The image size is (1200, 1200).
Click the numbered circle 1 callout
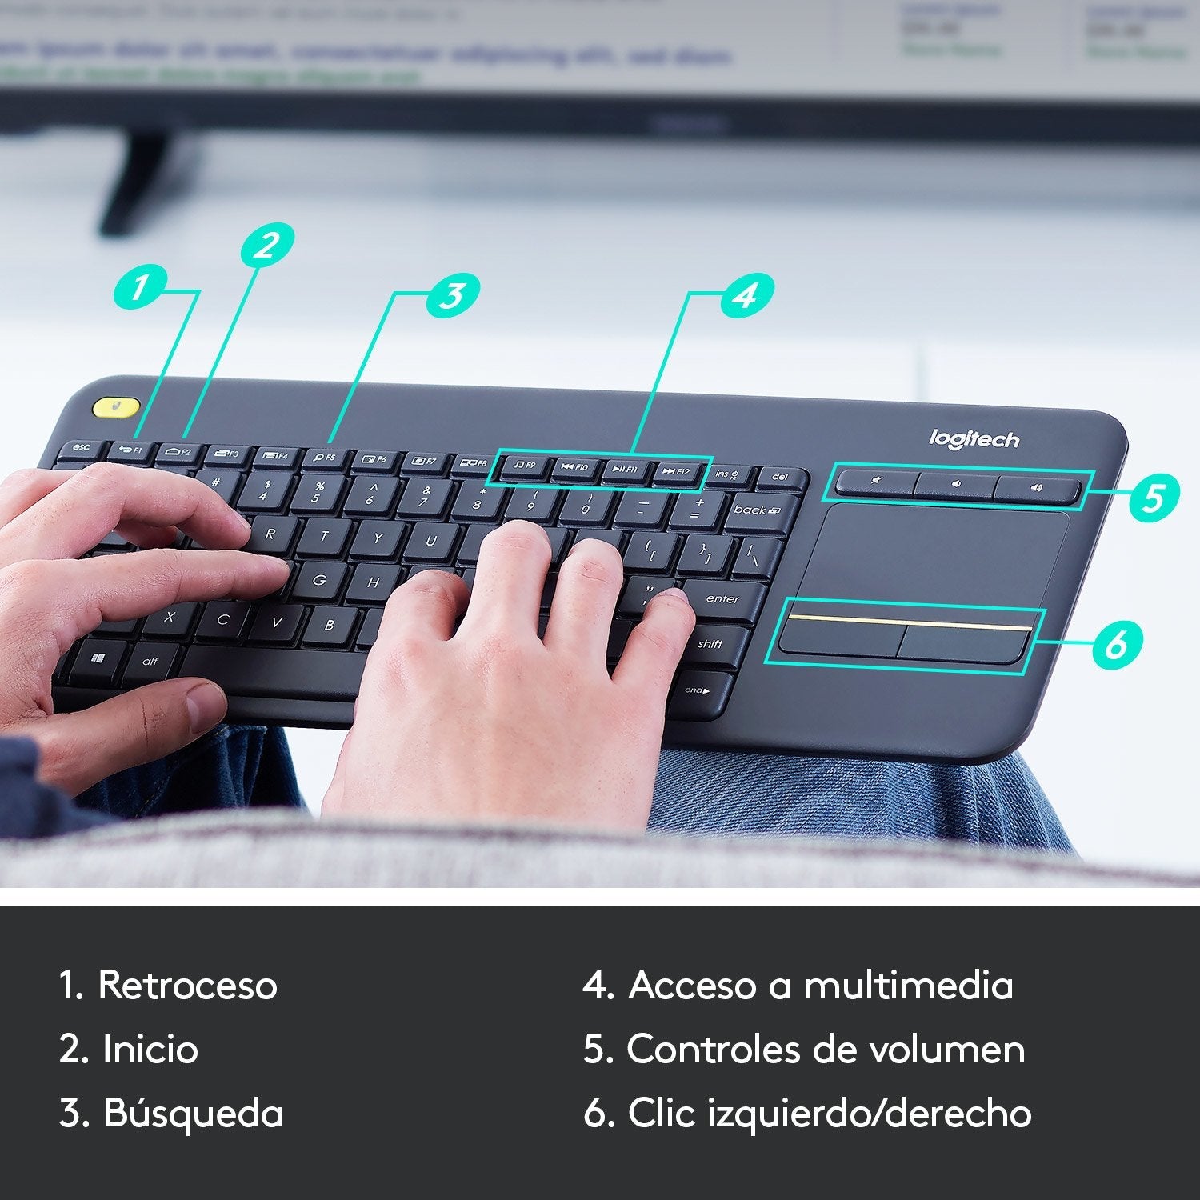(140, 287)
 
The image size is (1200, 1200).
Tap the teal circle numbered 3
(453, 294)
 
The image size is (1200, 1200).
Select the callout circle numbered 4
(746, 294)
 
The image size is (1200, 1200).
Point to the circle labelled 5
(1153, 496)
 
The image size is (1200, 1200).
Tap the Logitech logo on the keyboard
(974, 439)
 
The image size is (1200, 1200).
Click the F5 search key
(324, 458)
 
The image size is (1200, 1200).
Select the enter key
(722, 599)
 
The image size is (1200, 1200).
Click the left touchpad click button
(842, 638)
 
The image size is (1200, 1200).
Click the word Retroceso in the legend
(187, 985)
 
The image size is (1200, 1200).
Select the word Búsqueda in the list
(193, 1113)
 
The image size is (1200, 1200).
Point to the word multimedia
(908, 985)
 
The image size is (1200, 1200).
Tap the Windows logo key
(98, 658)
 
